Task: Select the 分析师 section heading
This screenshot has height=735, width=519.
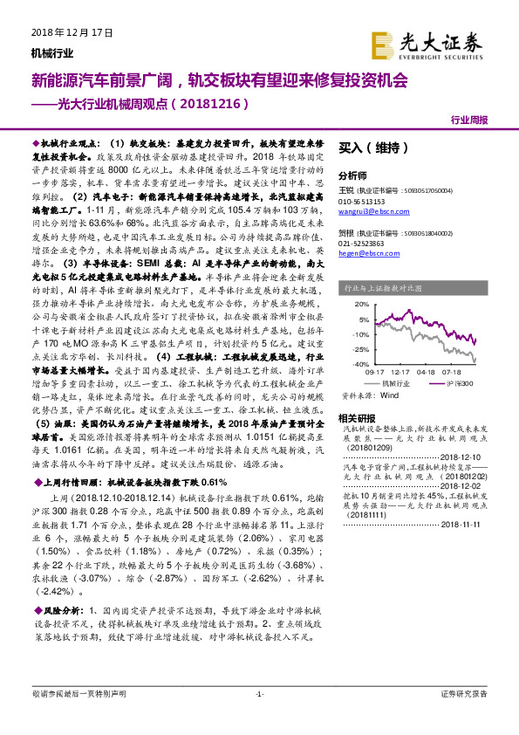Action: pos(352,175)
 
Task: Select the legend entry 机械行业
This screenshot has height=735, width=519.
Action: pos(394,381)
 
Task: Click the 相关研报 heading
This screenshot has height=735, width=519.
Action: pos(356,417)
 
